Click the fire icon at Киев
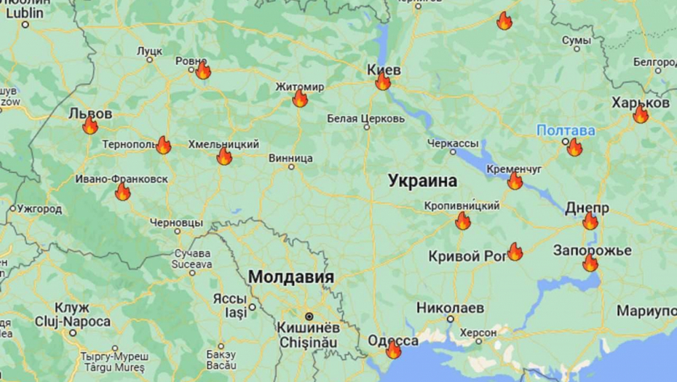(x=383, y=81)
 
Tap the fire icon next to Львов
(x=90, y=126)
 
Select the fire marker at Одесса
(x=393, y=350)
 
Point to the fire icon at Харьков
(x=641, y=114)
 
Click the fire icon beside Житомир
(x=300, y=98)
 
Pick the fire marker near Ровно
(x=203, y=71)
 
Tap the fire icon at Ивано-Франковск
(x=122, y=192)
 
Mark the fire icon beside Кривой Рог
(x=515, y=252)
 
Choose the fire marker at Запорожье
(x=590, y=263)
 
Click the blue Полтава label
(x=566, y=131)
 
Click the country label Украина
(x=422, y=180)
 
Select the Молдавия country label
(x=291, y=277)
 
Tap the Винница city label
(x=290, y=157)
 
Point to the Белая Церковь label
(x=365, y=118)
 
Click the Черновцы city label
(x=176, y=222)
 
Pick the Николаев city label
(x=450, y=308)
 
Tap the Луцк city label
(x=149, y=51)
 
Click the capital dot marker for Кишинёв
(x=309, y=317)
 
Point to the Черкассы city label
(x=453, y=143)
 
